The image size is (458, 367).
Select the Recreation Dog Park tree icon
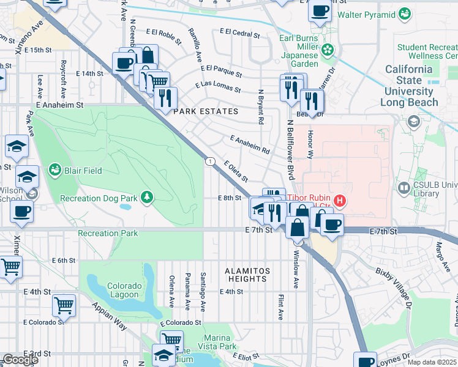pos(146,196)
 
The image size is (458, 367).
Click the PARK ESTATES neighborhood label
pos(205,111)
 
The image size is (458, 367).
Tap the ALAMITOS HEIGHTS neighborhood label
pos(238,274)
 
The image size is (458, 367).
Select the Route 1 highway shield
pos(210,161)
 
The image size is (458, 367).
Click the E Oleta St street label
pos(236,171)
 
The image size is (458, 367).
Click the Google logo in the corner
pos(20,360)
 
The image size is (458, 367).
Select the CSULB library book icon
pos(404,187)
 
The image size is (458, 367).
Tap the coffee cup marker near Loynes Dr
pos(366,361)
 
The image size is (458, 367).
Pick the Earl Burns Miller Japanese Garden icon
pos(328,49)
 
